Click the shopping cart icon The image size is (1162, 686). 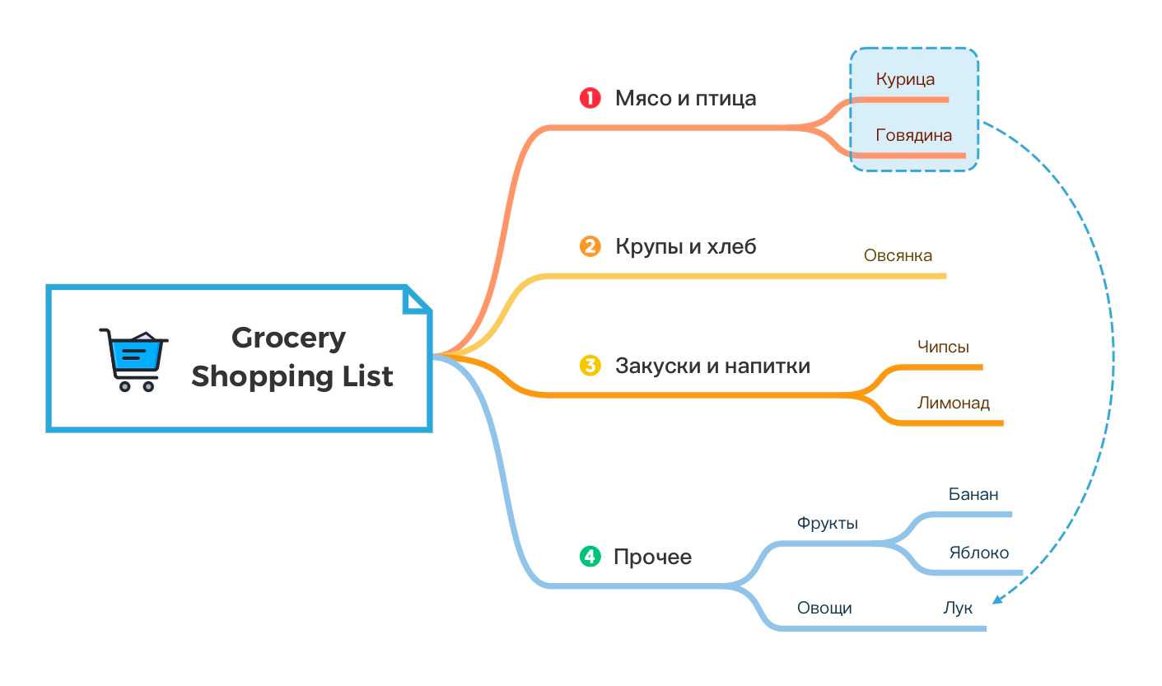[133, 359]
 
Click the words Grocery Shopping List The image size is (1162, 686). [292, 357]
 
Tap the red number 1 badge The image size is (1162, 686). [590, 98]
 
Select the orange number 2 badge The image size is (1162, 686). [590, 246]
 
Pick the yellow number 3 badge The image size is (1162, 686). [590, 365]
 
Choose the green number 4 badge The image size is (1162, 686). [590, 557]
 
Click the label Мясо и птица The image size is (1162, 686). [685, 99]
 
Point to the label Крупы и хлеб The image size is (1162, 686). [685, 246]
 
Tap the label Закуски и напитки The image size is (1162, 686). [712, 366]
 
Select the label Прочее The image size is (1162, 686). [652, 558]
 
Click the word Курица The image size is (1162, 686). [905, 80]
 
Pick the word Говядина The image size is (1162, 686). [913, 135]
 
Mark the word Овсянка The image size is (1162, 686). [898, 255]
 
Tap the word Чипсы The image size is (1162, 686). [943, 347]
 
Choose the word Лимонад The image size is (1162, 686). [953, 403]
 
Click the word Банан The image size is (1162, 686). [973, 494]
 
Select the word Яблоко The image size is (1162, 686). [978, 553]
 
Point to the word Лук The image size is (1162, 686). [957, 609]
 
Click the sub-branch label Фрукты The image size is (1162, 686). [827, 523]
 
